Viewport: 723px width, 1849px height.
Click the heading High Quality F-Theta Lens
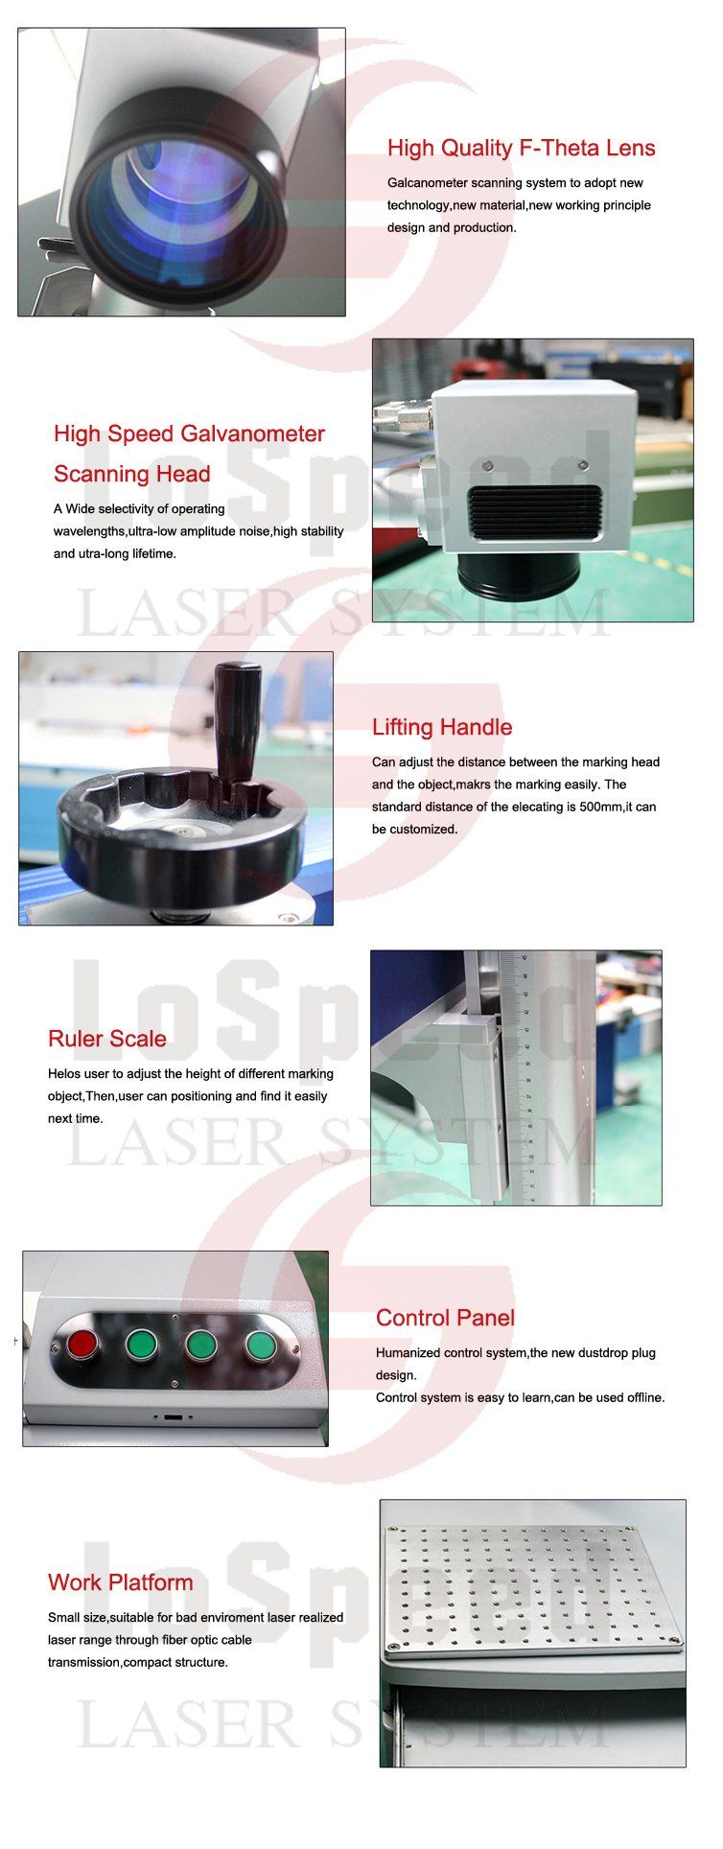[521, 148]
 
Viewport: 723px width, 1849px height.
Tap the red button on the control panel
[81, 1344]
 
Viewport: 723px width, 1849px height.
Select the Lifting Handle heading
[442, 727]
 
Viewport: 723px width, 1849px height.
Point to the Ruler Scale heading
[107, 1039]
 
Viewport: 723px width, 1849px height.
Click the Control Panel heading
[445, 1318]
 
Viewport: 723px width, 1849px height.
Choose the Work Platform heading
[121, 1582]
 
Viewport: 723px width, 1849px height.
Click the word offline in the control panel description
[641, 1397]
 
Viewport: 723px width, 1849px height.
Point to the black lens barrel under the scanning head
[519, 575]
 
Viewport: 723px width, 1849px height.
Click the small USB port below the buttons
[174, 1416]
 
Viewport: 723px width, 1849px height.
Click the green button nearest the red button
[141, 1344]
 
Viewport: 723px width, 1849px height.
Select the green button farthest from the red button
[261, 1345]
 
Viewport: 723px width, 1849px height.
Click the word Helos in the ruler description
[64, 1073]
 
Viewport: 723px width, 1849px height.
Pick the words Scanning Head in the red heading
[132, 475]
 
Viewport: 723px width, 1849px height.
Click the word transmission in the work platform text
[84, 1662]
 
